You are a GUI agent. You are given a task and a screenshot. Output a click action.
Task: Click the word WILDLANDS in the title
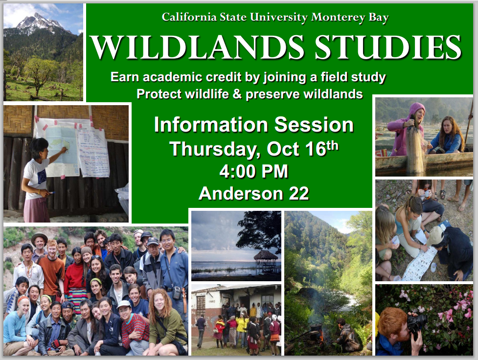(198, 47)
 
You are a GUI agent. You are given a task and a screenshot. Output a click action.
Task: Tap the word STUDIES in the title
(388, 47)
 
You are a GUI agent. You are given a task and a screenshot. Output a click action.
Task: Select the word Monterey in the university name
(338, 18)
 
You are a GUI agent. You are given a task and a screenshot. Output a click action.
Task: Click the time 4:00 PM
(253, 171)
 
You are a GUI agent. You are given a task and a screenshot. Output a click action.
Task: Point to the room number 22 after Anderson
(299, 194)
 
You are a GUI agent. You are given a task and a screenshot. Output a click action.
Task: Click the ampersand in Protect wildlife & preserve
(237, 94)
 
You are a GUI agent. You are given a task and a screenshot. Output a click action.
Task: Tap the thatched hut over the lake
(266, 259)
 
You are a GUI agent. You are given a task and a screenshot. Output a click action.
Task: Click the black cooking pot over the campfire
(316, 331)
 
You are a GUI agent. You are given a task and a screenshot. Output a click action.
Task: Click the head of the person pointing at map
(39, 148)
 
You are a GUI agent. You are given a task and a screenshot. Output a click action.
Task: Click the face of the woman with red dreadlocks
(159, 302)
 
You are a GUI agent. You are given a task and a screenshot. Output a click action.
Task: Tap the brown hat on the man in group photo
(39, 236)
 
